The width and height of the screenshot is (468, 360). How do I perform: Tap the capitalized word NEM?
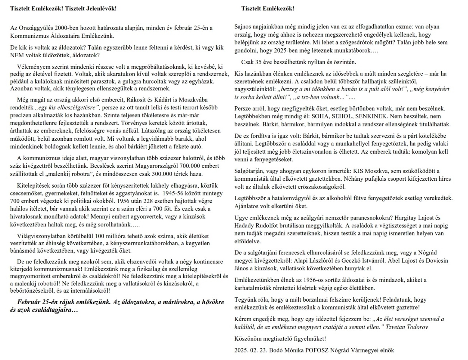tap(17, 55)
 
